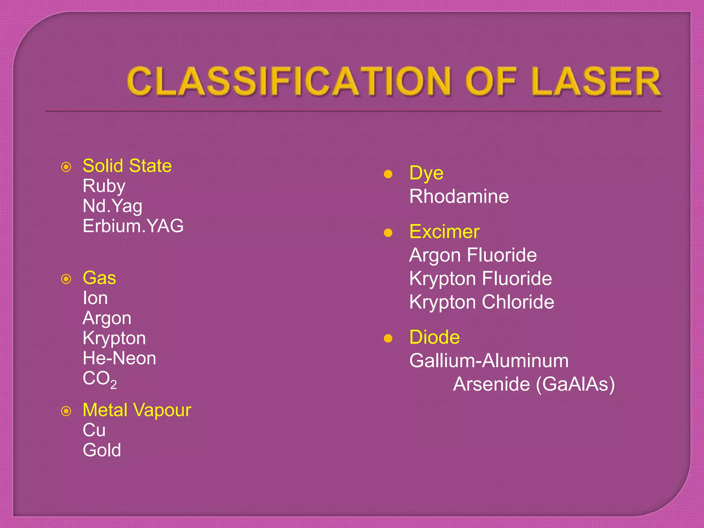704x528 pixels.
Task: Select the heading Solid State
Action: click(127, 166)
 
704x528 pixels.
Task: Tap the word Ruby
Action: click(104, 186)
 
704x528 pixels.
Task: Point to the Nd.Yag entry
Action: click(112, 206)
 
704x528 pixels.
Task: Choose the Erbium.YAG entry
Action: click(133, 226)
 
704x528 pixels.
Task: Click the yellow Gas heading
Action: click(99, 278)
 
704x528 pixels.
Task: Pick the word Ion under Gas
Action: click(95, 298)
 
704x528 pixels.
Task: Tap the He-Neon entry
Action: click(119, 358)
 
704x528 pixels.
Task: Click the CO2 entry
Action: click(100, 379)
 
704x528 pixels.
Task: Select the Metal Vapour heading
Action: click(137, 410)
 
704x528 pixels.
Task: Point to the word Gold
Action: click(102, 450)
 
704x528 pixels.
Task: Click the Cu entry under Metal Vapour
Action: click(94, 430)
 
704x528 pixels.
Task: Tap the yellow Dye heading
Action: click(426, 173)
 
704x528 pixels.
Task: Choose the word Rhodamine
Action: click(459, 197)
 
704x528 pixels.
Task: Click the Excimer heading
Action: click(444, 232)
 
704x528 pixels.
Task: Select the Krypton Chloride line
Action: click(482, 302)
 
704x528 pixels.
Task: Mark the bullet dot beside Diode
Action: click(388, 339)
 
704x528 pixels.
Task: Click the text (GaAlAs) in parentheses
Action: click(575, 384)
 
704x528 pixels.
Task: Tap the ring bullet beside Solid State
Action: click(66, 167)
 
